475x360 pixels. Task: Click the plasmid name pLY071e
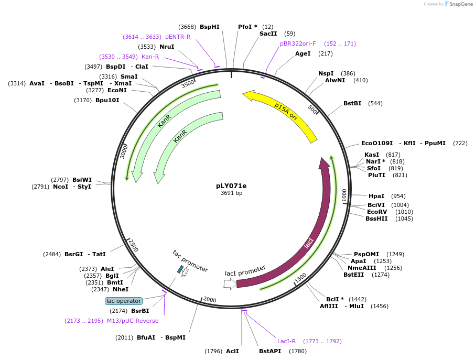click(x=231, y=186)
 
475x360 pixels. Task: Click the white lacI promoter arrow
click(x=230, y=284)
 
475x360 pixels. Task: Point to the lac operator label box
click(x=123, y=301)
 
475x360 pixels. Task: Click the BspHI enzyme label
click(x=209, y=27)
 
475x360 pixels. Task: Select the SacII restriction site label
click(x=268, y=34)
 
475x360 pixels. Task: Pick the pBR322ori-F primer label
click(x=298, y=43)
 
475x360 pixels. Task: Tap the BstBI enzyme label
click(x=352, y=103)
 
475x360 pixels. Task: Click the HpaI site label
click(x=376, y=196)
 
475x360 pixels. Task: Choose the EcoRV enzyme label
click(x=377, y=212)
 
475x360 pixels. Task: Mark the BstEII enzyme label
click(x=353, y=275)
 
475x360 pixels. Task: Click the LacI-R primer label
click(x=287, y=341)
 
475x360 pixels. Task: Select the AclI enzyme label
click(x=232, y=351)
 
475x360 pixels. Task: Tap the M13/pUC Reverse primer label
click(x=132, y=321)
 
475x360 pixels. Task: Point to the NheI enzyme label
click(x=121, y=289)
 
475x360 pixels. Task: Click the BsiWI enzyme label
click(x=82, y=180)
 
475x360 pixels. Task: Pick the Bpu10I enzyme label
click(x=107, y=100)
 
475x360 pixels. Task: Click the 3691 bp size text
click(x=231, y=193)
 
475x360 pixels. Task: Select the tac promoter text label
click(x=190, y=260)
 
